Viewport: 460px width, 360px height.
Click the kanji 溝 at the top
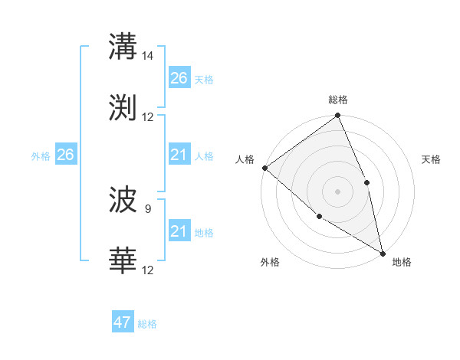click(123, 45)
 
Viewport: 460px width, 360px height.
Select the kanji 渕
click(123, 107)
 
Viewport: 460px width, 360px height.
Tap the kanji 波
click(123, 200)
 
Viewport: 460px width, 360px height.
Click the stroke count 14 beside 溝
click(148, 55)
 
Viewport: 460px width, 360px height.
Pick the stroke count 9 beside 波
click(148, 208)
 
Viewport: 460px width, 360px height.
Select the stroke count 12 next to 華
click(148, 270)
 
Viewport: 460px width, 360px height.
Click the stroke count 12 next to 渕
click(148, 117)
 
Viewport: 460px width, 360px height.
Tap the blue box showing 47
click(123, 322)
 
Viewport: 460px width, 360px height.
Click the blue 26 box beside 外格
click(65, 155)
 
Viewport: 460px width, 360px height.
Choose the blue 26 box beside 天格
click(179, 78)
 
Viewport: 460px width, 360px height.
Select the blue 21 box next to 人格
click(179, 155)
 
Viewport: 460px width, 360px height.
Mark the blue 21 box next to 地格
click(179, 231)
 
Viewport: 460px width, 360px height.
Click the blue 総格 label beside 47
click(147, 324)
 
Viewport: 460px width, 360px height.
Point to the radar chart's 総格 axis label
click(338, 100)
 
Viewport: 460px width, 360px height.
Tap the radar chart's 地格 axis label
click(402, 262)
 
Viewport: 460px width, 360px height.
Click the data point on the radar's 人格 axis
click(264, 168)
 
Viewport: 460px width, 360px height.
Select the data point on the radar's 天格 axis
click(366, 182)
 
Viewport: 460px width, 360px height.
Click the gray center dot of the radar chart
click(337, 191)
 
